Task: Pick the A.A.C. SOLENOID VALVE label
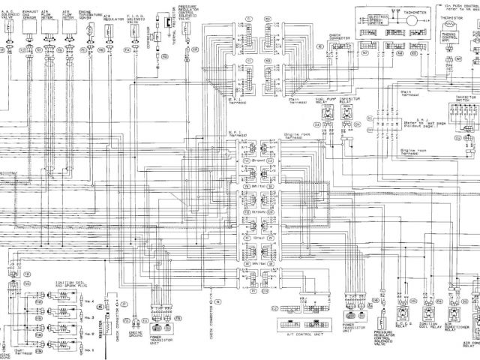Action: [7, 16]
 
